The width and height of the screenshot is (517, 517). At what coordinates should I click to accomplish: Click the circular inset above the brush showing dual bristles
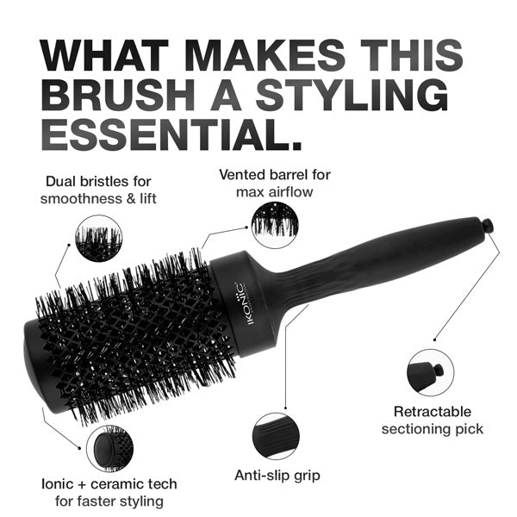pyautogui.click(x=99, y=238)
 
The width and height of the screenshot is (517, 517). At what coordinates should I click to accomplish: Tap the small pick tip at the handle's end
pyautogui.click(x=488, y=226)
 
